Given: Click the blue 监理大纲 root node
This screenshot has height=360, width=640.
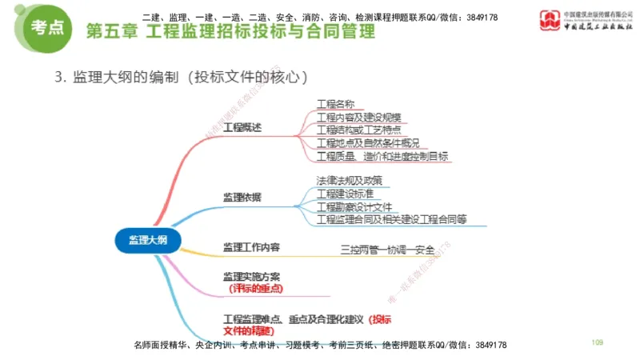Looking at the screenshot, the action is pyautogui.click(x=150, y=239).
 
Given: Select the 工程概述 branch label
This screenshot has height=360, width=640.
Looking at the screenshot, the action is pyautogui.click(x=242, y=128).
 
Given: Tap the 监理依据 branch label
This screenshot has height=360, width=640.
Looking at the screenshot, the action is pyautogui.click(x=242, y=197).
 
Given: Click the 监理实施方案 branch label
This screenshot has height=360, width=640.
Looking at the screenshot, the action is pyautogui.click(x=252, y=277).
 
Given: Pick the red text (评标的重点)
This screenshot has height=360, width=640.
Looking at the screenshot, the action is pyautogui.click(x=255, y=288).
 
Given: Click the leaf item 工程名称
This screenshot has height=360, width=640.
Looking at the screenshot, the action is pyautogui.click(x=335, y=104).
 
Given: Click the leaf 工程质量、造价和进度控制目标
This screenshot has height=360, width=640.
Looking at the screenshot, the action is pyautogui.click(x=382, y=156).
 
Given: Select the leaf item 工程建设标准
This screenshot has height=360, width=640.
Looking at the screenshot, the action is pyautogui.click(x=345, y=193).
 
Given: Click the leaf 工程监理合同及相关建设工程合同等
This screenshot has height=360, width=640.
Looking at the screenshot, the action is pyautogui.click(x=391, y=218).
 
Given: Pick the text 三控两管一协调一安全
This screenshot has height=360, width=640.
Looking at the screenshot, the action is pyautogui.click(x=387, y=250).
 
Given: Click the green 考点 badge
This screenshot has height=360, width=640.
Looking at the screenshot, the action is pyautogui.click(x=47, y=27).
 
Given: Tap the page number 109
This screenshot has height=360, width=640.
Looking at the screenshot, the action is pyautogui.click(x=597, y=342).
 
